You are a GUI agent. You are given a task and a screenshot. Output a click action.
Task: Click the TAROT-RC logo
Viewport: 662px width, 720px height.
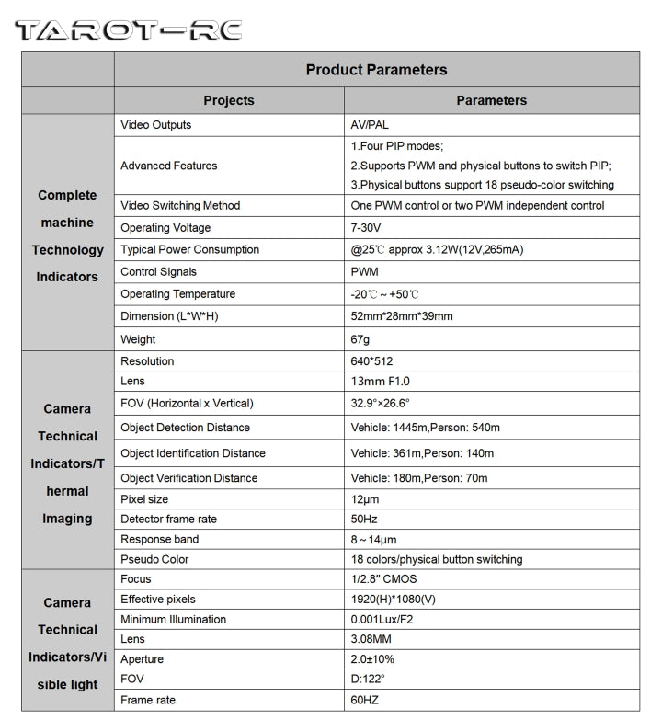tap(128, 29)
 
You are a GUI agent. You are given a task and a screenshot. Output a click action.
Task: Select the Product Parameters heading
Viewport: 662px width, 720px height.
tap(376, 70)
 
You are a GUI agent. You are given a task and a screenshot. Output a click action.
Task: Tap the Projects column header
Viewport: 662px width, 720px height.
tap(229, 100)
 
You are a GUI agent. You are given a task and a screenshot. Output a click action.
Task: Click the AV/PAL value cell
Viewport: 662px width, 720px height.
tap(370, 125)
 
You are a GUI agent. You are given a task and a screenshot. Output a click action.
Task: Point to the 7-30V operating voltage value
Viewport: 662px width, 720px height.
tap(367, 228)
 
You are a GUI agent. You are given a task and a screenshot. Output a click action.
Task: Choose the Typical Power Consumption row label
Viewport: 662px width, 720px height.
tap(189, 250)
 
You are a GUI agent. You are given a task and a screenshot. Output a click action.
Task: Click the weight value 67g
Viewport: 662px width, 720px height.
tap(360, 339)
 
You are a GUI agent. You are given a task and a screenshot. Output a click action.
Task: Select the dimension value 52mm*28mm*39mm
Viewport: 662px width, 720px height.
tap(402, 316)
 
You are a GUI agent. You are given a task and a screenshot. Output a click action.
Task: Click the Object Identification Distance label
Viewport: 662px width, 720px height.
tap(192, 453)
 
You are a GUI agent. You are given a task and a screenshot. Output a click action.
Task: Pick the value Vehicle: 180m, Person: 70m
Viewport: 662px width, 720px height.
tap(419, 478)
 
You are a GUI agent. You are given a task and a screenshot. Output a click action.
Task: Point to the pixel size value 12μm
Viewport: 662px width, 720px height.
tap(365, 499)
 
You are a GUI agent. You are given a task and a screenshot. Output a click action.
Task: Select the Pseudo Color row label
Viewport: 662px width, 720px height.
tap(154, 559)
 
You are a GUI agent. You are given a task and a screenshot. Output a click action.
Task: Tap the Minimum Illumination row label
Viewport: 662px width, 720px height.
tap(173, 620)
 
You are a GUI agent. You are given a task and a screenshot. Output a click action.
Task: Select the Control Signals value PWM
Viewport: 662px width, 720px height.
tap(366, 272)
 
